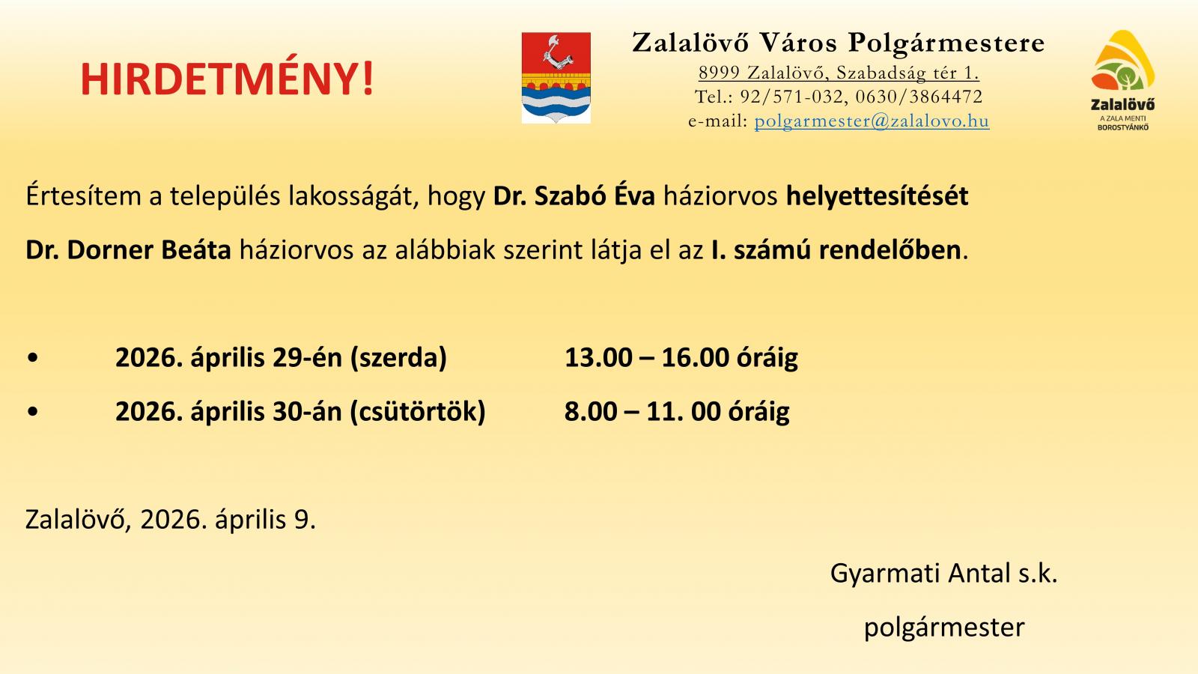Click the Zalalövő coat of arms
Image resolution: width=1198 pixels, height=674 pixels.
tap(556, 78)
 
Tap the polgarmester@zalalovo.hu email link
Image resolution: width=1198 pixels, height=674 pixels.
tap(872, 121)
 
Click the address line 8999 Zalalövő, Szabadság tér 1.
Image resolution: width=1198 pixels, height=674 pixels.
tap(839, 72)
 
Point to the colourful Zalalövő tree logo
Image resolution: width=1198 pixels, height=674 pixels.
tap(1122, 80)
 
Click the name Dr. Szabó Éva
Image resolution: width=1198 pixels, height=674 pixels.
tap(574, 195)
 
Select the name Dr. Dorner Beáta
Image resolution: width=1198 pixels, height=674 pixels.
tap(128, 250)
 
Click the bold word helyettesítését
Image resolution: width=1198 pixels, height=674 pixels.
tap(877, 196)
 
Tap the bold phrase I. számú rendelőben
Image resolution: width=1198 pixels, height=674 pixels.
tap(836, 250)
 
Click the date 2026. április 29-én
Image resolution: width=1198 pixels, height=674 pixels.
tap(228, 357)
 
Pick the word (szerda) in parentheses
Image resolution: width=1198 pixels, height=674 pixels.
tap(398, 358)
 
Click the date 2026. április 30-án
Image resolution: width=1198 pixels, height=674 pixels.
tap(228, 411)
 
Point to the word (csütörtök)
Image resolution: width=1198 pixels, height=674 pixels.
tap(418, 412)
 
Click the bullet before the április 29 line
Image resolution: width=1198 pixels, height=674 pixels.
tap(33, 358)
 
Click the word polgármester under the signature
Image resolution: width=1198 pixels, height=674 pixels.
tap(944, 628)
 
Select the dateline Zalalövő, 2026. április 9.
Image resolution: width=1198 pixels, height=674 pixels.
tap(171, 520)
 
